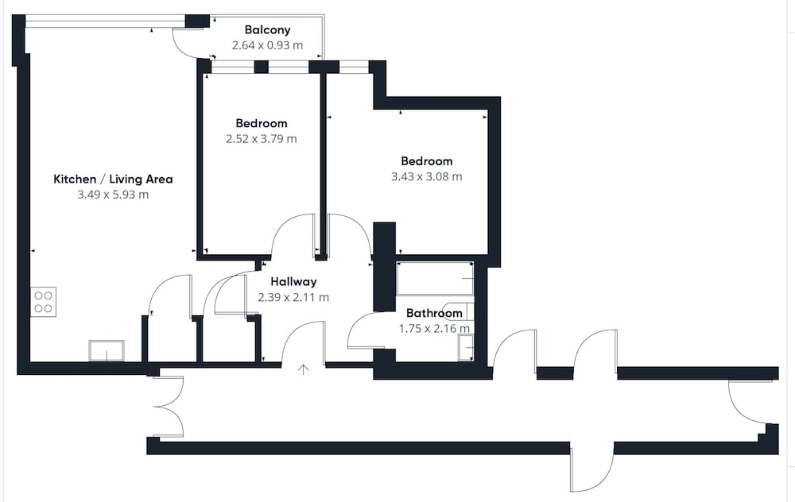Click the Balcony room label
point(267,30)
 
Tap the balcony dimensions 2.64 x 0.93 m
point(267,45)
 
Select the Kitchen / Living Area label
point(113,179)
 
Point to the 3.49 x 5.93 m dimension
point(113,195)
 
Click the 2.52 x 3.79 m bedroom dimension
point(261,139)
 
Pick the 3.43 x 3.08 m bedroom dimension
point(426,177)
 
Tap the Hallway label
point(293,282)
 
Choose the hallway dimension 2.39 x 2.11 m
point(293,297)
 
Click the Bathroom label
point(434,313)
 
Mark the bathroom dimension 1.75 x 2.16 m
point(434,329)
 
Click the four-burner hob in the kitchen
point(43,302)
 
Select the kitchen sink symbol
point(107,350)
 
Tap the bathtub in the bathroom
point(435,279)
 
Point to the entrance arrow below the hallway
point(303,369)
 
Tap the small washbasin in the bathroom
point(466,349)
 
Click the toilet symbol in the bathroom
point(459,311)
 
